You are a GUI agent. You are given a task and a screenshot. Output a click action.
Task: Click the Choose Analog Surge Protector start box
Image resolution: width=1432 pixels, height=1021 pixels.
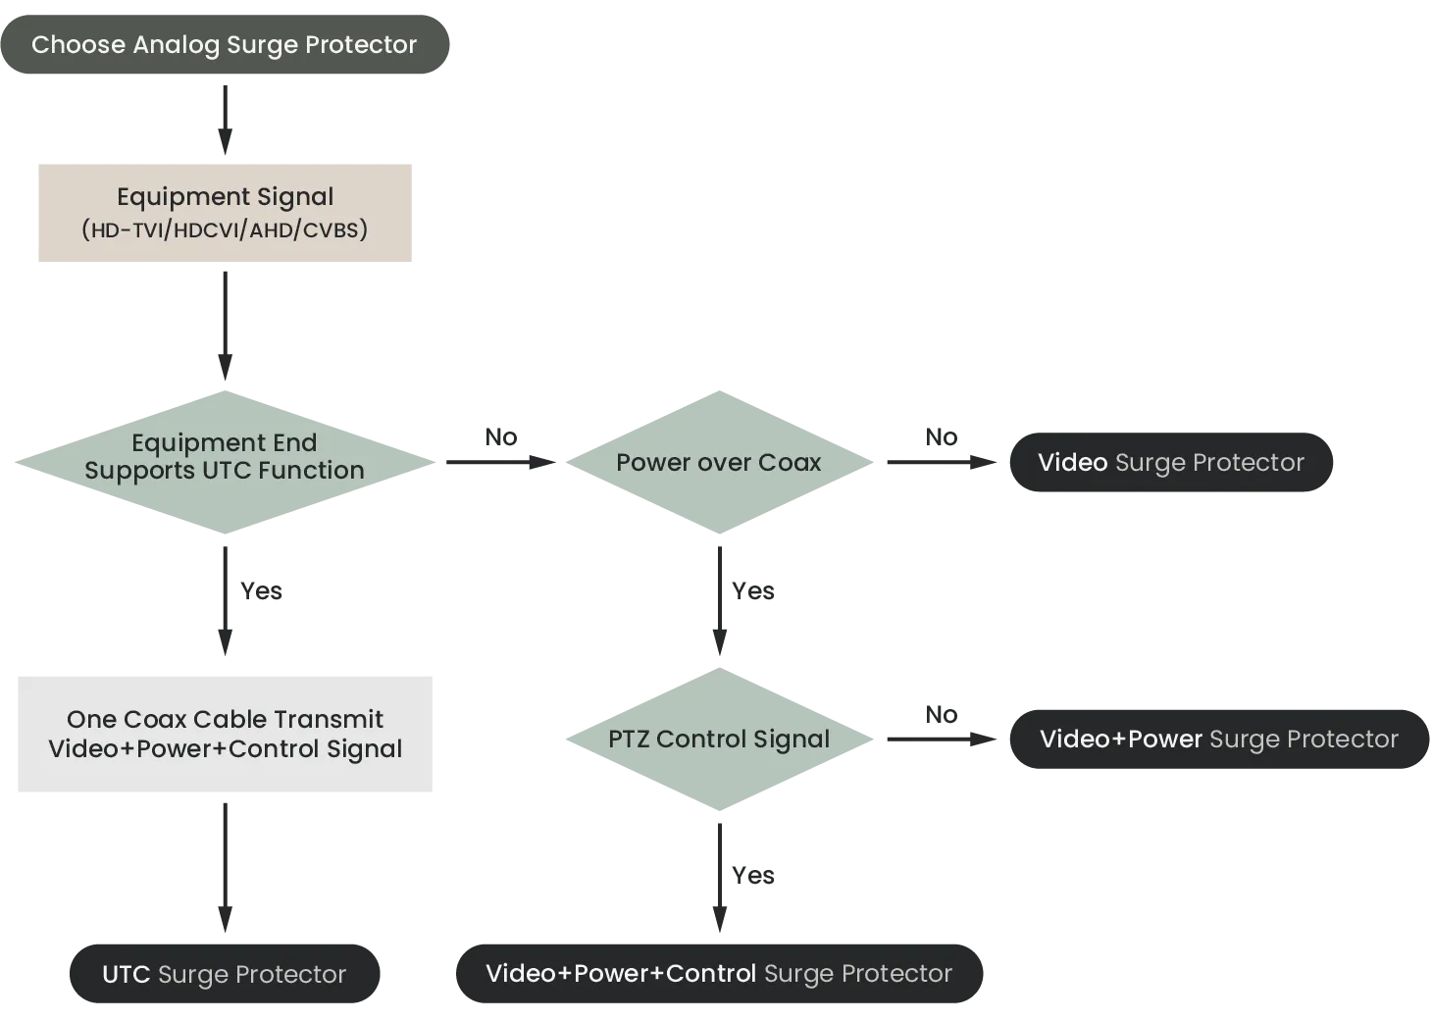(224, 44)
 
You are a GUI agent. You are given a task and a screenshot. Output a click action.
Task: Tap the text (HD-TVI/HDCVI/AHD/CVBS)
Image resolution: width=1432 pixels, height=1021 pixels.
(224, 230)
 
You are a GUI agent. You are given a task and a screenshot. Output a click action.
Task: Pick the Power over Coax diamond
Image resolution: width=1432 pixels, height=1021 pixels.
(719, 462)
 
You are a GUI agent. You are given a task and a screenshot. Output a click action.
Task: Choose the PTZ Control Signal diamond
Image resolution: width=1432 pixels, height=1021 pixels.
(719, 740)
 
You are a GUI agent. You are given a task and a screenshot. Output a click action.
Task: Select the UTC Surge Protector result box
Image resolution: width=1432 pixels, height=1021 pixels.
(224, 974)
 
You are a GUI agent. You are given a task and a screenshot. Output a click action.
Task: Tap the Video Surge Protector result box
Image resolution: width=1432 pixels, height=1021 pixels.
(1170, 462)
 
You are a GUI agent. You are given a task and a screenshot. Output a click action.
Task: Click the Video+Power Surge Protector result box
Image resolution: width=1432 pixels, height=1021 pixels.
(1218, 739)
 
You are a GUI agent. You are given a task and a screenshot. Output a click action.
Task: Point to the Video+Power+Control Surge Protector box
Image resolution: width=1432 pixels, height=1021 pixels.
(719, 973)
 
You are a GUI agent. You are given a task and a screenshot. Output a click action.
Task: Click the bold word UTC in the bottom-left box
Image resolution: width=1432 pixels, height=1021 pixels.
(126, 974)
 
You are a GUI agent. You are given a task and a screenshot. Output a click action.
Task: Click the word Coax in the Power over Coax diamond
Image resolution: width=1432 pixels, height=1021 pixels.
(790, 462)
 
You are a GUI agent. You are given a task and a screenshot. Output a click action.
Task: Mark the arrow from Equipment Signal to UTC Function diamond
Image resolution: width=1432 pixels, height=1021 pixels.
(225, 324)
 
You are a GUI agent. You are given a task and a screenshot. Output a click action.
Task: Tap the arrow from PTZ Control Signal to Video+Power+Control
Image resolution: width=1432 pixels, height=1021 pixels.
(719, 873)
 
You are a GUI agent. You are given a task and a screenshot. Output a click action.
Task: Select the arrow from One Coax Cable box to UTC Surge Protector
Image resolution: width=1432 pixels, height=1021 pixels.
(225, 863)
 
